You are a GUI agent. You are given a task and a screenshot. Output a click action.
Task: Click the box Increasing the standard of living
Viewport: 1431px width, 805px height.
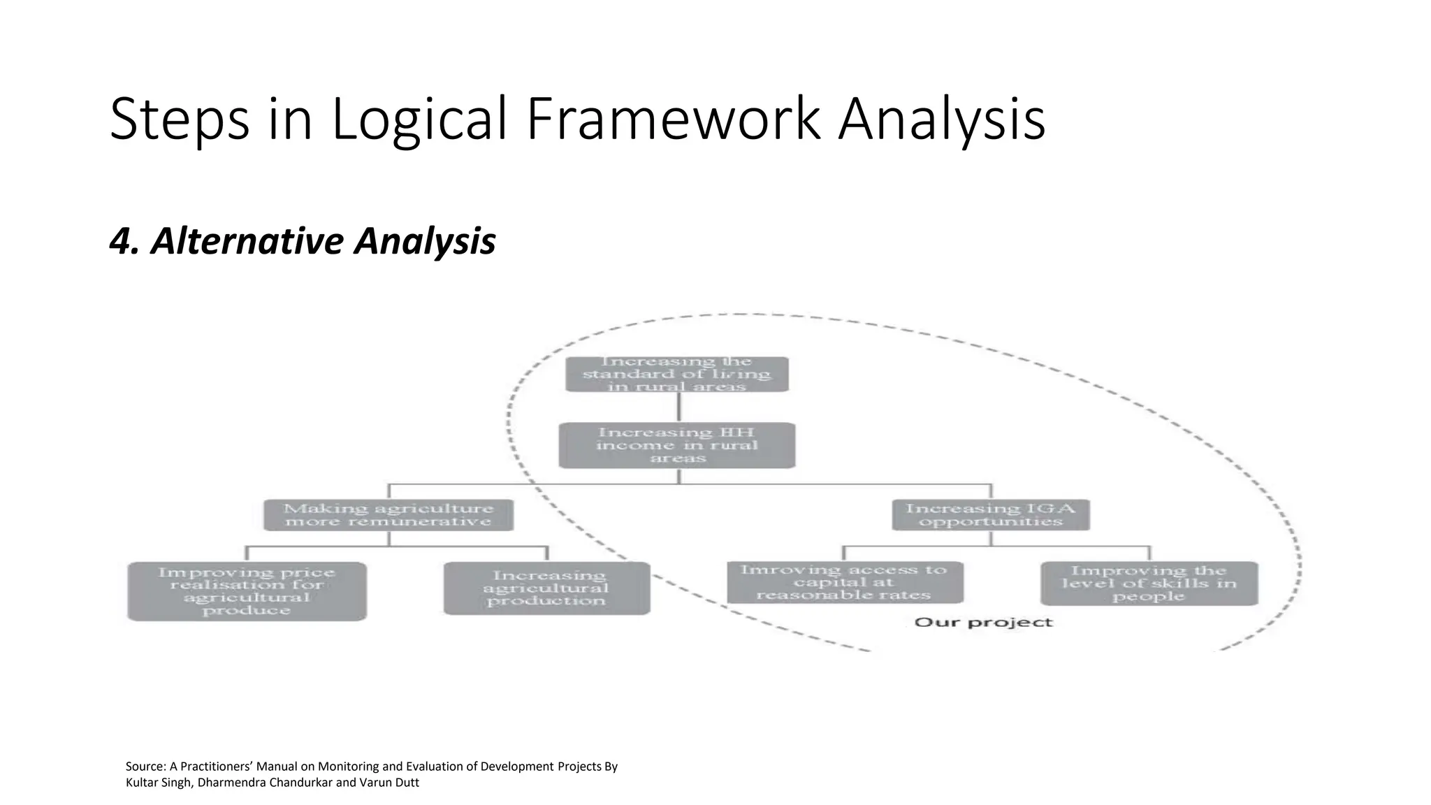[x=676, y=375]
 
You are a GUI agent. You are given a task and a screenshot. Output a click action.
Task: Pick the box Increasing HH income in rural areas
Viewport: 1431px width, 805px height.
[x=676, y=445]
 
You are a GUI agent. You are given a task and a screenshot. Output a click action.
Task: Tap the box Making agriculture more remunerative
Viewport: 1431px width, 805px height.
[x=388, y=515]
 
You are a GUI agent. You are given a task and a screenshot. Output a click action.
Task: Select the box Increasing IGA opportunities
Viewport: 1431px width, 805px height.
[x=990, y=515]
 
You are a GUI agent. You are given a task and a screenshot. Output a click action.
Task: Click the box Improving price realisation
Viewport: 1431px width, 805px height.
[x=247, y=591]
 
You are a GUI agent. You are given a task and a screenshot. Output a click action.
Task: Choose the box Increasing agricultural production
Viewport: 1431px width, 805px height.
[x=546, y=588]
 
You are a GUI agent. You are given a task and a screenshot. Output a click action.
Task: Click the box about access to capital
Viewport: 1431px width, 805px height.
[x=844, y=583]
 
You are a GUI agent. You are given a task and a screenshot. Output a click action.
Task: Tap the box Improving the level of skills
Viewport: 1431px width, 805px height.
[x=1149, y=583]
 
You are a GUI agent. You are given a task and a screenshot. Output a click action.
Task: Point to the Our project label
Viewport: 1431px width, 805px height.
[x=982, y=622]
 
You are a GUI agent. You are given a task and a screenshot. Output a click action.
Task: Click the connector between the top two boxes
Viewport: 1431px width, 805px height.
[x=678, y=407]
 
